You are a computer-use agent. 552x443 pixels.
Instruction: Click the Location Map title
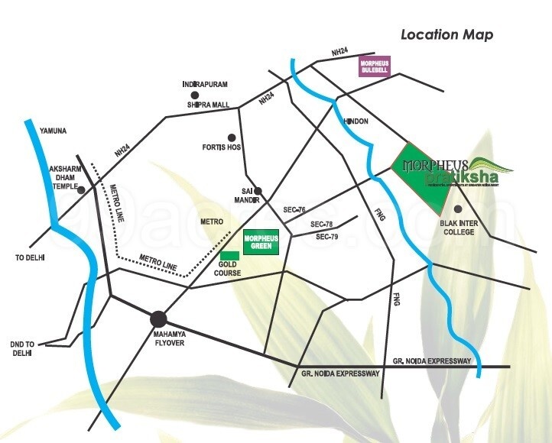point(447,34)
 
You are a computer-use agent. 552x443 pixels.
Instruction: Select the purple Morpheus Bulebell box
point(375,67)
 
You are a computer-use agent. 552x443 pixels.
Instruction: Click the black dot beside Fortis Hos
point(232,138)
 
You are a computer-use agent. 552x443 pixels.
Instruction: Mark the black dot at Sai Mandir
point(258,191)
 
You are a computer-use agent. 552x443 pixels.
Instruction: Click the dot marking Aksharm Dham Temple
point(82,189)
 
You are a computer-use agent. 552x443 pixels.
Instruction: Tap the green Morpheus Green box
point(261,243)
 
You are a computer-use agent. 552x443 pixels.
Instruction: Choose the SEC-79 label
point(328,238)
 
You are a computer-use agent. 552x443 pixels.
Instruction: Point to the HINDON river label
point(357,121)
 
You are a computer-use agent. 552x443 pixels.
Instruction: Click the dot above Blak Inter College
point(458,209)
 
